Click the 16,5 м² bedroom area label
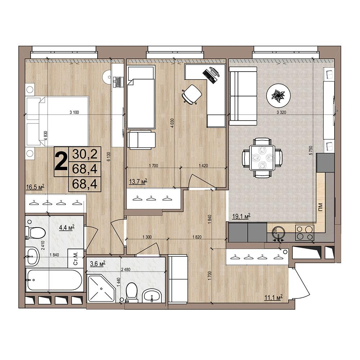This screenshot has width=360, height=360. click(35, 187)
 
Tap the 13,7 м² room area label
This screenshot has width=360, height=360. click(138, 182)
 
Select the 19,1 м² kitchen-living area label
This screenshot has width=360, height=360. click(241, 216)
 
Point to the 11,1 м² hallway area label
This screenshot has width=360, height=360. click(273, 298)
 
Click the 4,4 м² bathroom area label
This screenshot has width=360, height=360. click(67, 228)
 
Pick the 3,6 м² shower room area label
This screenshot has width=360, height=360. click(98, 264)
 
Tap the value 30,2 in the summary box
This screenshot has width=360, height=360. click(85, 154)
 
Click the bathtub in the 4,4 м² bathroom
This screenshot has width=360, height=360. click(54, 280)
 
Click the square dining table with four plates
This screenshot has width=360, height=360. click(262, 158)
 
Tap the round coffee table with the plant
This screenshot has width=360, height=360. click(279, 95)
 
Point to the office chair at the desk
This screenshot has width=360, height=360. click(192, 94)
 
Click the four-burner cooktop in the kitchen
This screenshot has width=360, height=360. click(305, 232)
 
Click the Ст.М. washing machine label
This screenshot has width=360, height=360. click(76, 258)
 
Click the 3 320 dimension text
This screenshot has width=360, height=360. click(282, 112)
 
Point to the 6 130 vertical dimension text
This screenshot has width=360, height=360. click(109, 157)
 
